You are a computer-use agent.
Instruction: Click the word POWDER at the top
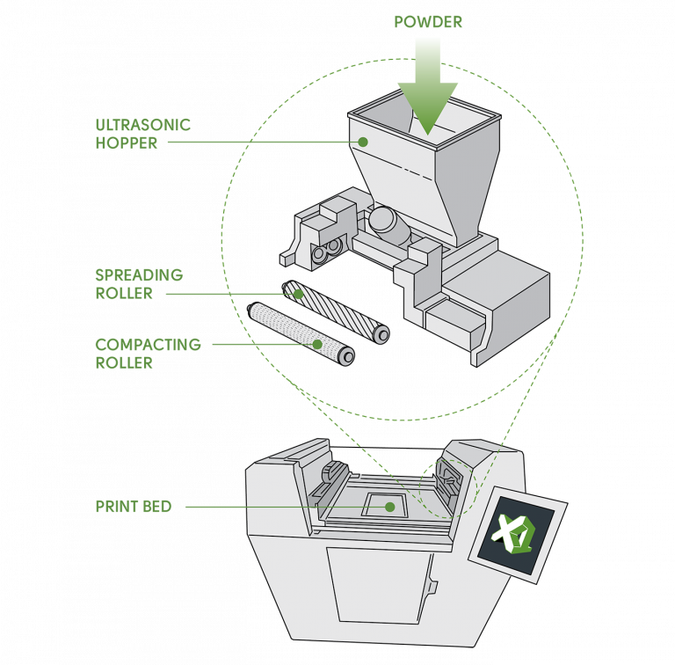tap(427, 20)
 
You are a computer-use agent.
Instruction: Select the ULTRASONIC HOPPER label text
tap(143, 134)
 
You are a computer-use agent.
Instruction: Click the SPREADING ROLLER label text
tap(139, 284)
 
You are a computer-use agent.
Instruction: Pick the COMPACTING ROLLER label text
tap(148, 353)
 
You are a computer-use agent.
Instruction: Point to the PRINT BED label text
tap(134, 507)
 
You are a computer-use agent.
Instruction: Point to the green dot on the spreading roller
tap(298, 294)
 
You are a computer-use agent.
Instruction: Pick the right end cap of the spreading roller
tap(381, 334)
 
